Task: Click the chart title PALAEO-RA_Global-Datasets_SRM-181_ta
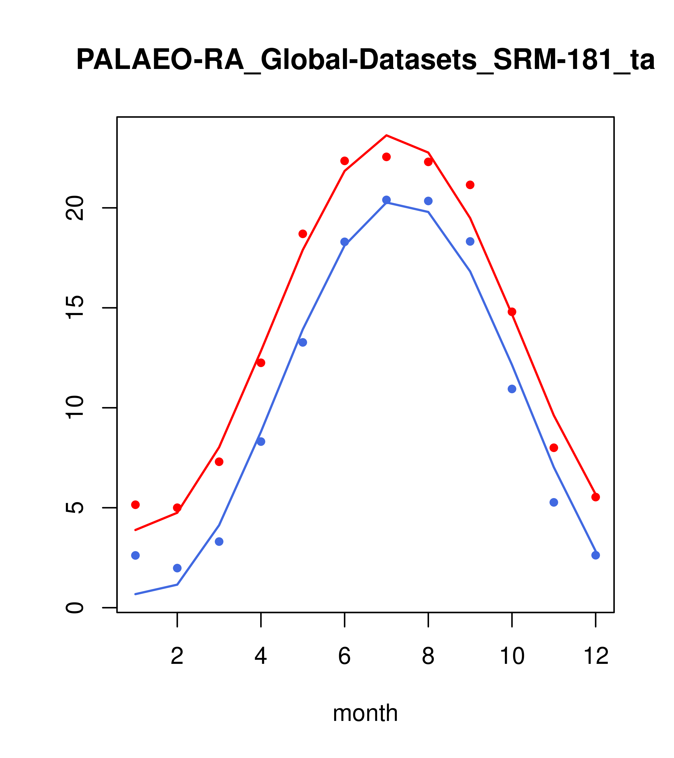[x=365, y=60]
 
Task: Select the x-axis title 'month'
[x=365, y=713]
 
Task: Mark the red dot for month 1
[x=135, y=505]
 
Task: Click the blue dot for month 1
[x=135, y=555]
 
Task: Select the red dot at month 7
[x=386, y=157]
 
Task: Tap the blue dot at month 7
[x=386, y=200]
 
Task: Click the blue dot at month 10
[x=512, y=389]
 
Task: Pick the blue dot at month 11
[x=554, y=502]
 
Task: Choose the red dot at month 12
[x=596, y=497]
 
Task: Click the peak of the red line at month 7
[x=386, y=135]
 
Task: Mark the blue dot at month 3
[x=219, y=542]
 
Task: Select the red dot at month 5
[x=303, y=234]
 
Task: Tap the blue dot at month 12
[x=596, y=555]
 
